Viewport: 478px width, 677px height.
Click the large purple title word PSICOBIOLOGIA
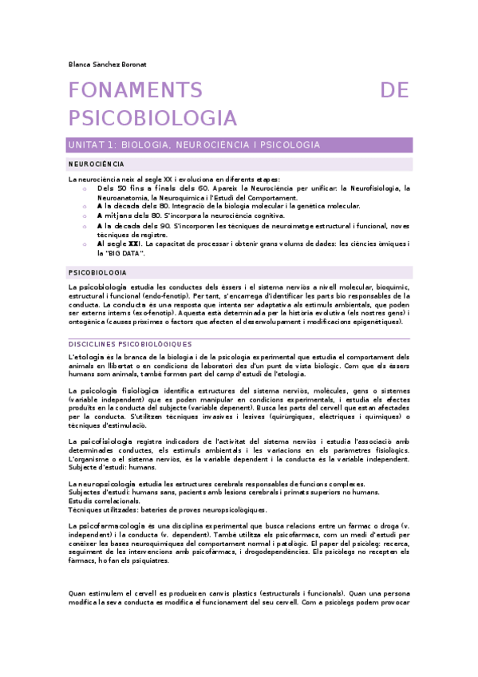153,118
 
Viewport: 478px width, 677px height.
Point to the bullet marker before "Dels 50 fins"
85,188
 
